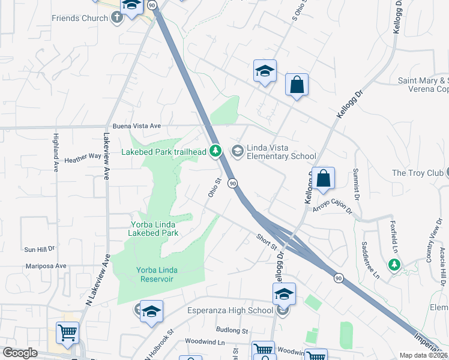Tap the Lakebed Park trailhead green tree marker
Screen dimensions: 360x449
click(217, 152)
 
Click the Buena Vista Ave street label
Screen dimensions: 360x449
click(137, 126)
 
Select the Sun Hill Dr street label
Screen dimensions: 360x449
click(39, 248)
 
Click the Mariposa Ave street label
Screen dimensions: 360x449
click(46, 266)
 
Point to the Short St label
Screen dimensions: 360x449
click(266, 242)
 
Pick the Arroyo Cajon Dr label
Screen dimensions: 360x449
click(333, 211)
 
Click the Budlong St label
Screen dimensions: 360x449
click(233, 331)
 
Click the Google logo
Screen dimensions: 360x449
click(20, 353)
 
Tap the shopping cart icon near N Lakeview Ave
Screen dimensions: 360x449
click(67, 332)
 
